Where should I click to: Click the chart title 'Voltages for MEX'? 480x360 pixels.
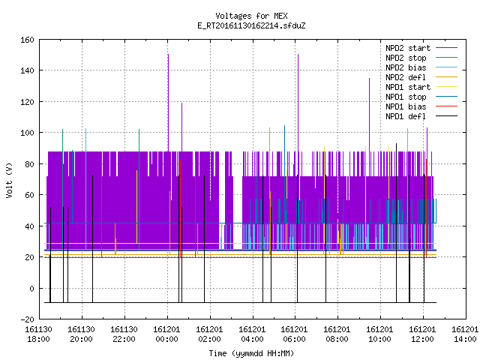251,16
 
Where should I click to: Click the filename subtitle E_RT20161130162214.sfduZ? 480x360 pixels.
251,25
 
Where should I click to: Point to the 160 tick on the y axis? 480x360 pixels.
27,40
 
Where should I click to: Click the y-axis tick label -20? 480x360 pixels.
27,319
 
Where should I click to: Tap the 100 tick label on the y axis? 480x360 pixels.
27,133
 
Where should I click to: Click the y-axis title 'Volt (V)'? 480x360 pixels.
10,180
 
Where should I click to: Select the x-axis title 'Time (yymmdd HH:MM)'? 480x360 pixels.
251,353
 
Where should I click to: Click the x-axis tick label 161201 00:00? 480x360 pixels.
166,334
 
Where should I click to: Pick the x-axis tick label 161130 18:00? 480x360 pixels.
38,334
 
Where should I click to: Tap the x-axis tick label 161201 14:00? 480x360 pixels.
465,334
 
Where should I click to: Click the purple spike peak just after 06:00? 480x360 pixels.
298,55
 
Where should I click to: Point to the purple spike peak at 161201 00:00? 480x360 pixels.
168,55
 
